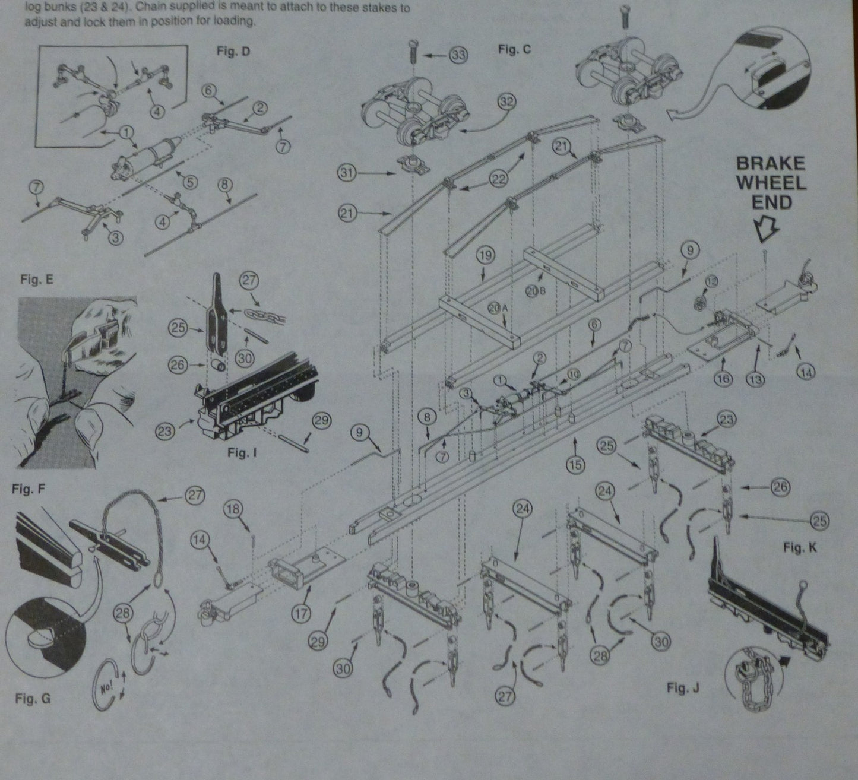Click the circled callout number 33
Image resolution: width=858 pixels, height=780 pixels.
(x=458, y=56)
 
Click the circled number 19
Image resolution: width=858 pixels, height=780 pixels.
(x=485, y=256)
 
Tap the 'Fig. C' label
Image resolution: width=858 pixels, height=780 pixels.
(x=515, y=50)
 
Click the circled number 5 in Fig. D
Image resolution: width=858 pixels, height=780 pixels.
(x=189, y=183)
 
